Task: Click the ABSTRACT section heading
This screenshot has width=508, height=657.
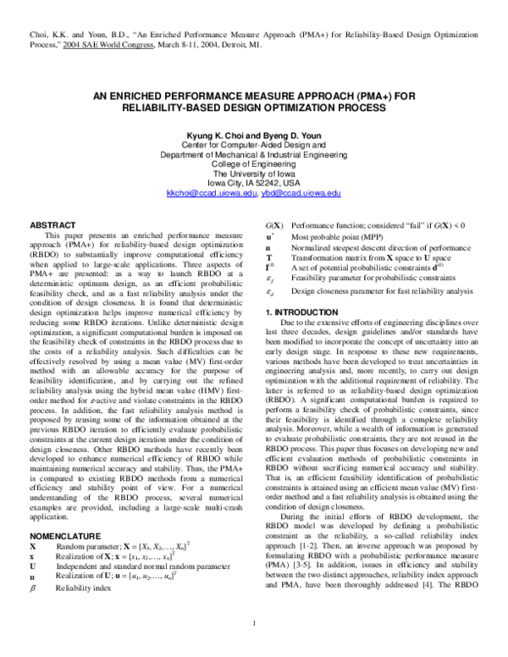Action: [x=52, y=224]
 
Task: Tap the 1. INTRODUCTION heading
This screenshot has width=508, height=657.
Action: [x=299, y=312]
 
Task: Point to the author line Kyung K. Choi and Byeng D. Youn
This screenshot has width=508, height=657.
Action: [x=254, y=136]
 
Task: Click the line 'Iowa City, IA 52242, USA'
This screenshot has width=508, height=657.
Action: [x=254, y=183]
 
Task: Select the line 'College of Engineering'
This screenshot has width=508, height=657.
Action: [x=254, y=164]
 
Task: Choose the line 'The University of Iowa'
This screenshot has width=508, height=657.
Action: [x=254, y=174]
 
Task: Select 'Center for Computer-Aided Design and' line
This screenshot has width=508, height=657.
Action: [x=254, y=146]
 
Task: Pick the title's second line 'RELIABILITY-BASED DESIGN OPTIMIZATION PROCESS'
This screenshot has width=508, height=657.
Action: [x=254, y=109]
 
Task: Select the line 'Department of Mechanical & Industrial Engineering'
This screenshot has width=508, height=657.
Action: [x=254, y=155]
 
